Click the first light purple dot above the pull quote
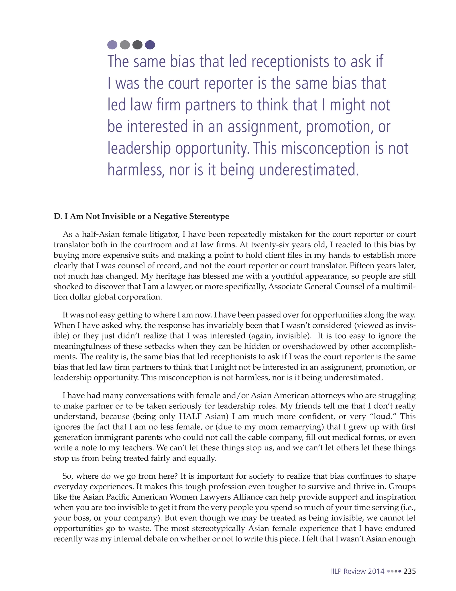click(112, 45)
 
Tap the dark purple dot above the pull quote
click(150, 45)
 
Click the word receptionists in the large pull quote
click(290, 62)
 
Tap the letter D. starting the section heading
click(57, 217)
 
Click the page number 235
click(409, 571)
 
